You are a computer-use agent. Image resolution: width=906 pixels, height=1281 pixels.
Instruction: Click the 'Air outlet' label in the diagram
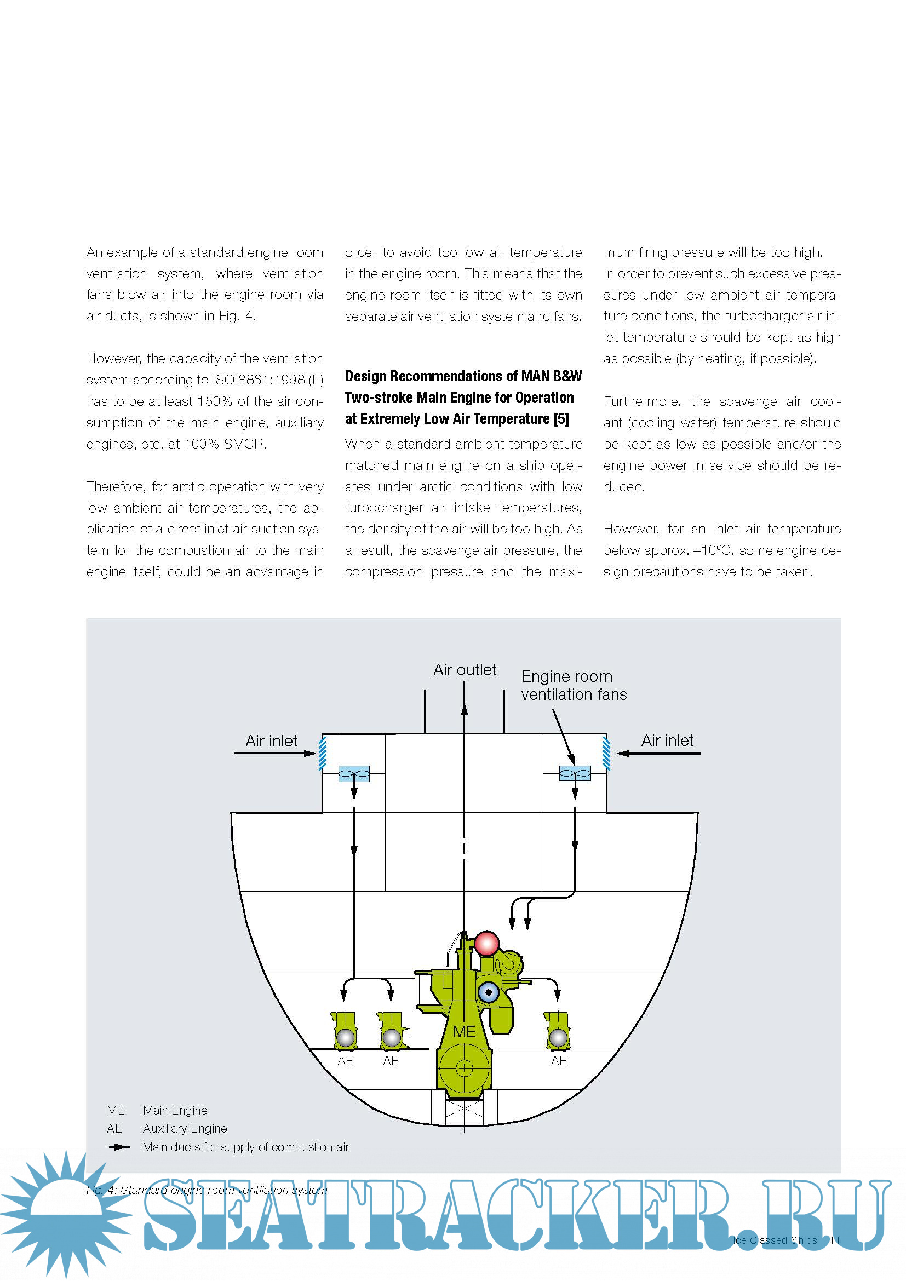coord(464,669)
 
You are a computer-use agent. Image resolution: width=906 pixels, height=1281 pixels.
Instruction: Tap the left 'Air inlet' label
coord(271,741)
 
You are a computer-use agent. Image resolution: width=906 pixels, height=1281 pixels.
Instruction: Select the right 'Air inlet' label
coord(667,740)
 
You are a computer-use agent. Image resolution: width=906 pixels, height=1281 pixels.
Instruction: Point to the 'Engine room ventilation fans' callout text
coord(574,685)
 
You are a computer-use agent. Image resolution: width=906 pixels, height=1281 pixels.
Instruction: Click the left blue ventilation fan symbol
coord(354,773)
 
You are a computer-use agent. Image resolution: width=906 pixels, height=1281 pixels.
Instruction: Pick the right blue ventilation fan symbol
coord(575,773)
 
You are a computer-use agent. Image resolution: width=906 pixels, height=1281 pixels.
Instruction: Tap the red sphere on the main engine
coord(486,944)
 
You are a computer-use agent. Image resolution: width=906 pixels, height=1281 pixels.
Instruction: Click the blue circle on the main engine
coord(489,992)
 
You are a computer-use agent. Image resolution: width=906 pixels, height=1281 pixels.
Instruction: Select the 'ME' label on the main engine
coord(464,1032)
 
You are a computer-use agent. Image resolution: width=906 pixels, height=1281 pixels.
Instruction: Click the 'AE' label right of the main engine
coord(558,1061)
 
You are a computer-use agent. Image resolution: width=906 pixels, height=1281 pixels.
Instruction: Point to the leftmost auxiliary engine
coord(344,1031)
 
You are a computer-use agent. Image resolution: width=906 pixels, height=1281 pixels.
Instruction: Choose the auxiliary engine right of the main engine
coord(557,1031)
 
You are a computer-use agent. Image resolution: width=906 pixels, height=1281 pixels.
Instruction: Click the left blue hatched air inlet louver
coord(323,753)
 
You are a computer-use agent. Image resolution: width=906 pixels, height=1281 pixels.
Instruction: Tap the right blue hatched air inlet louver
coord(606,753)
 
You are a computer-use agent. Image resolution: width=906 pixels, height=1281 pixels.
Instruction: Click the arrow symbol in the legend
coord(119,1147)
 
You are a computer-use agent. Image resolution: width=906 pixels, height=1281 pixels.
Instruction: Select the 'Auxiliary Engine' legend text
coord(185,1129)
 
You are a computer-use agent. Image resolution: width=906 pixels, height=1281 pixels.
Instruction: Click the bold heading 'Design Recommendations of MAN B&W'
coord(463,376)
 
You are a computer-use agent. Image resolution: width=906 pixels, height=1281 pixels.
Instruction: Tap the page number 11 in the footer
coord(835,1240)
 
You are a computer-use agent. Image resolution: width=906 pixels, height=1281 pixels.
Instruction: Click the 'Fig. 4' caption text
coord(207,1190)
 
